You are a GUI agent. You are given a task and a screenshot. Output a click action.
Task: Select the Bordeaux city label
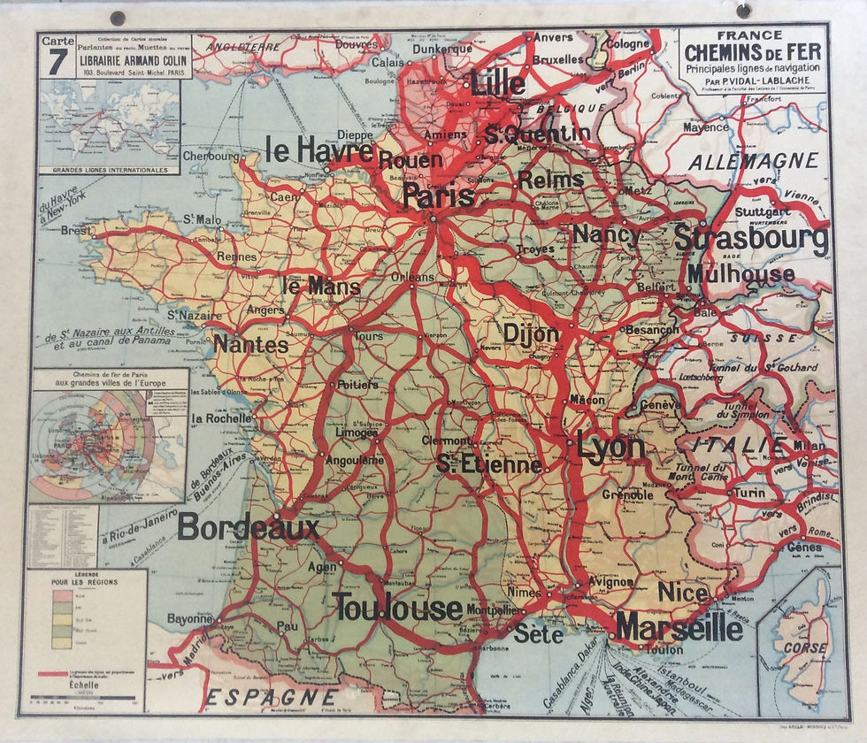249,528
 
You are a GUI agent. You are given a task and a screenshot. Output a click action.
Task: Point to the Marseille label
679,627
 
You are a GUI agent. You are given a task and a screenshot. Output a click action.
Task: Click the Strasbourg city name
751,239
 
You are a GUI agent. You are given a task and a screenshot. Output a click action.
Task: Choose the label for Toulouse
397,607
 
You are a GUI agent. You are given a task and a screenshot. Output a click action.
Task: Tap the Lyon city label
610,447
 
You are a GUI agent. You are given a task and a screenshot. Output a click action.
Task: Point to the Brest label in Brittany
76,231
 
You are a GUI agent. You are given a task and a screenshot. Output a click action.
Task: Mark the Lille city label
499,84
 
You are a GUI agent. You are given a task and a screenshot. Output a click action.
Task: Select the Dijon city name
531,333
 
